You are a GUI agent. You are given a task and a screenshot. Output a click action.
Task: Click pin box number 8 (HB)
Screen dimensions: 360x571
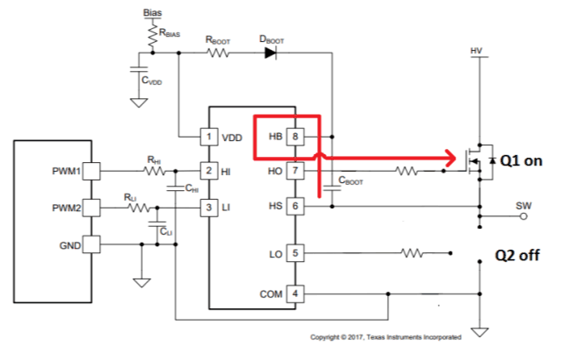296,138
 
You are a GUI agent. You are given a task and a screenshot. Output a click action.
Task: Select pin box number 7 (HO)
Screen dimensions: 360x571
296,171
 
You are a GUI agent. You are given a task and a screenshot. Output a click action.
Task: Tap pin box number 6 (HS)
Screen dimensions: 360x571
296,206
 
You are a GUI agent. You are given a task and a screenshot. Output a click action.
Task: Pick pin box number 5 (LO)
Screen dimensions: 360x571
296,254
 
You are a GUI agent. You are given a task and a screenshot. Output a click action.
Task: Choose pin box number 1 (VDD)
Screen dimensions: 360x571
209,138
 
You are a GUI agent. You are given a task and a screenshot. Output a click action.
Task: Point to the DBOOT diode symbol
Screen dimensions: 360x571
271,53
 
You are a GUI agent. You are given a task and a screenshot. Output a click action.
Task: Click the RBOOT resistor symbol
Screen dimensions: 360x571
217,53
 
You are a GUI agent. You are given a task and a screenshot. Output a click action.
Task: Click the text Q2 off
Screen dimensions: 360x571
516,256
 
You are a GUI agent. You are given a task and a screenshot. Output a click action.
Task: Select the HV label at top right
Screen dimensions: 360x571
476,51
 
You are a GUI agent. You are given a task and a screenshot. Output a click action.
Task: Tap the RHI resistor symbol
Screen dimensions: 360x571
156,171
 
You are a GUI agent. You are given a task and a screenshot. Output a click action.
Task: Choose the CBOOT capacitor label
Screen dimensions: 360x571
350,183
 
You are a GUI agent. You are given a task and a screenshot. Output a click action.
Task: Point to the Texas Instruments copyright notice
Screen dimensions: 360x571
386,337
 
